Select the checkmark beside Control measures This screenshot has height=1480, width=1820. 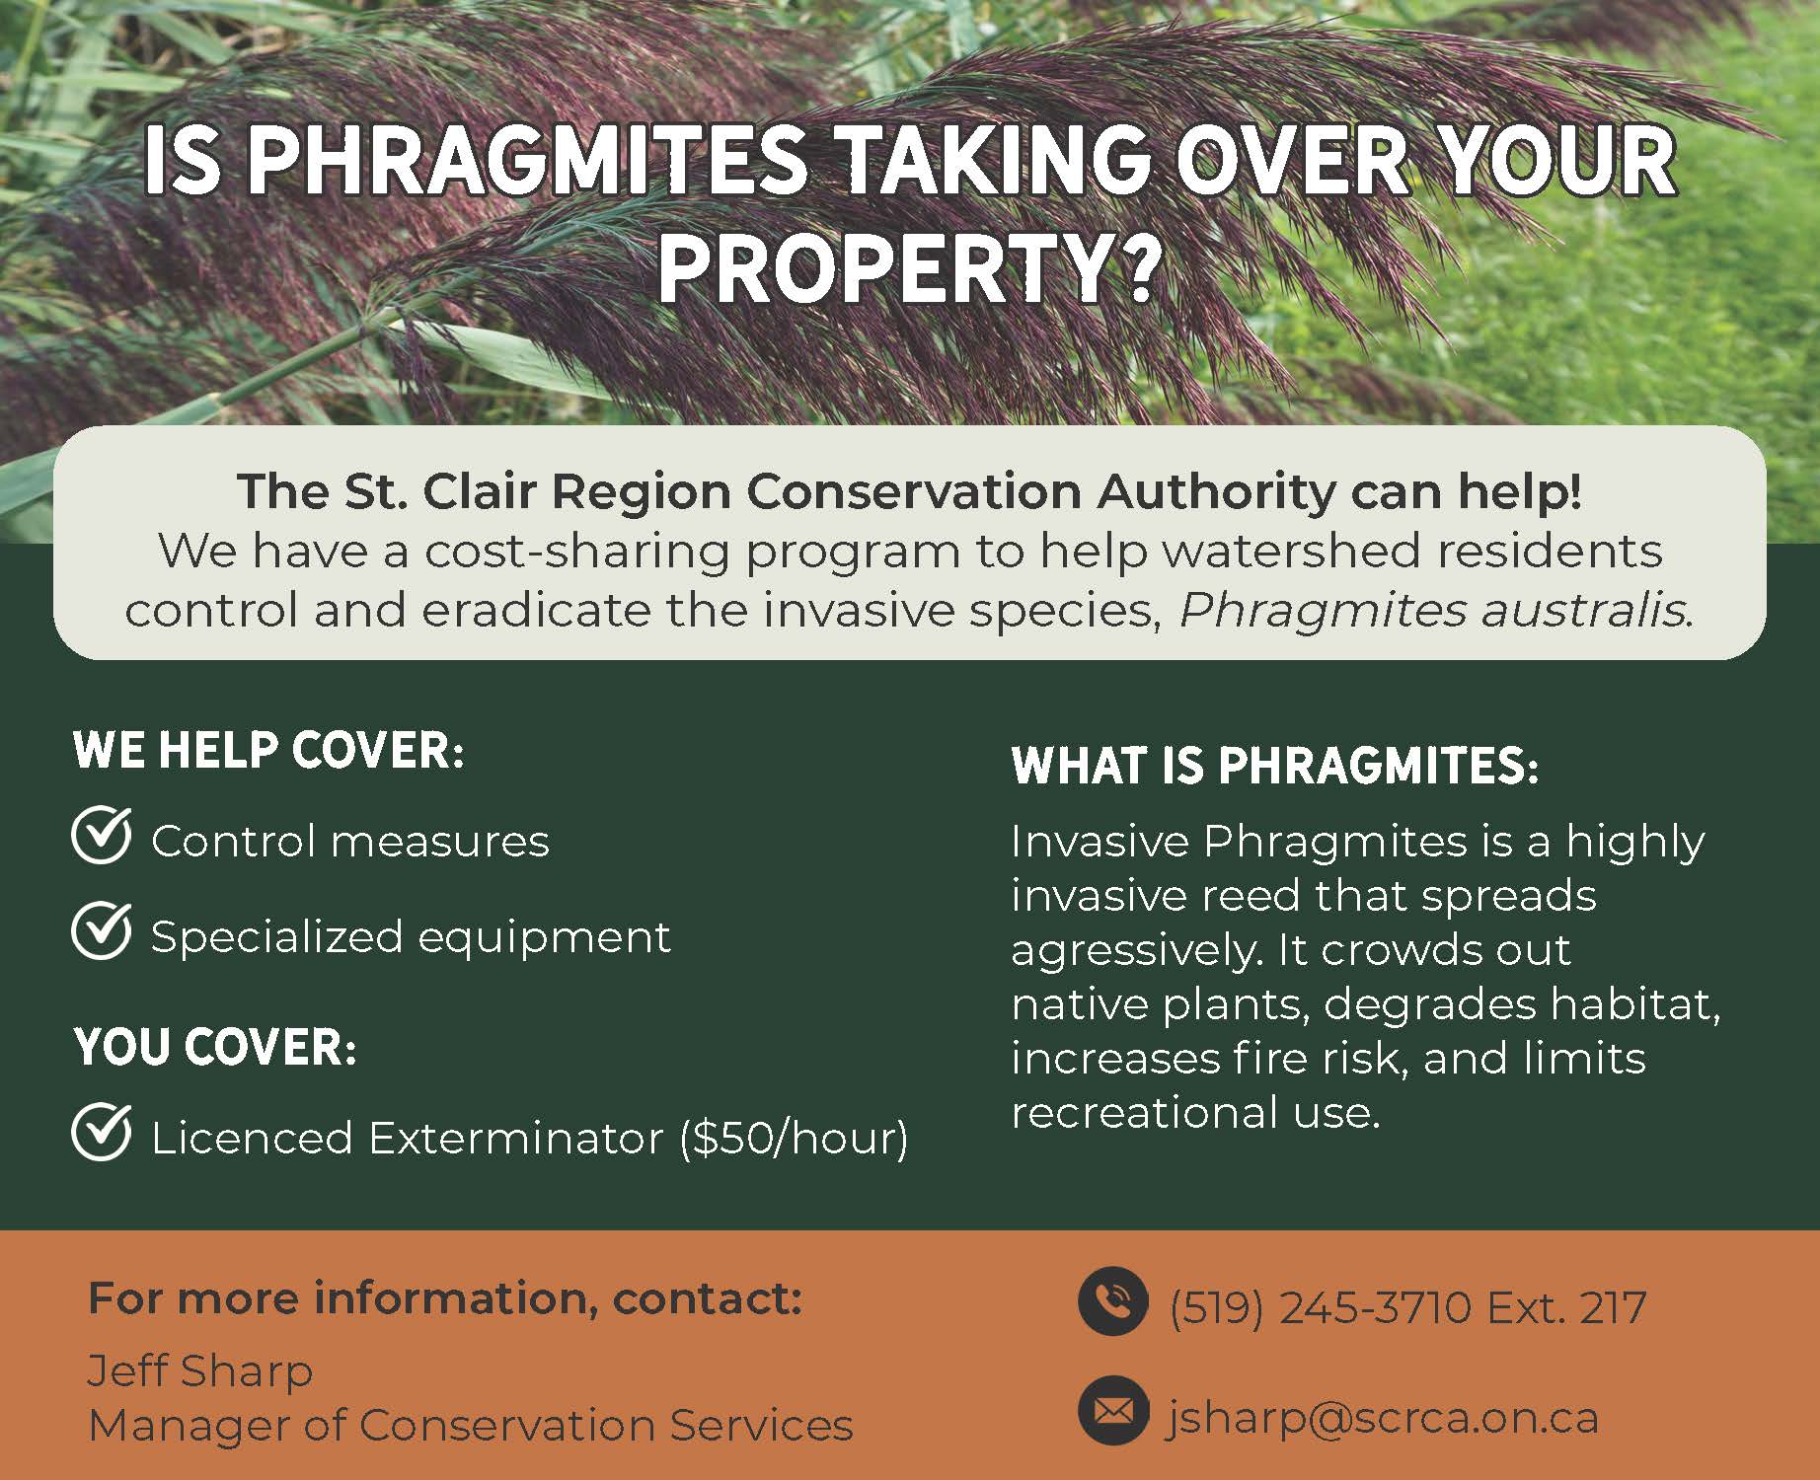102,837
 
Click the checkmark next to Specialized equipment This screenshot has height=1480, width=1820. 102,930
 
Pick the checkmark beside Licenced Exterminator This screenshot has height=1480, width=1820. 102,1132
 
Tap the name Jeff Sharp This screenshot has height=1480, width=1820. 200,1371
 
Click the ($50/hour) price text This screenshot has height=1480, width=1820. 794,1139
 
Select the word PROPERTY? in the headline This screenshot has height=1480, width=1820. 906,267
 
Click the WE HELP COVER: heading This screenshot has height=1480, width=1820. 268,751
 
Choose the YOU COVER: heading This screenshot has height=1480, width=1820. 215,1048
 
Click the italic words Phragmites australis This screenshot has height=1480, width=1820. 1436,611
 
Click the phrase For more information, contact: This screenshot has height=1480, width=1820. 445,1298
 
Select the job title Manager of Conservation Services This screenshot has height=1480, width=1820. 471,1425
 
